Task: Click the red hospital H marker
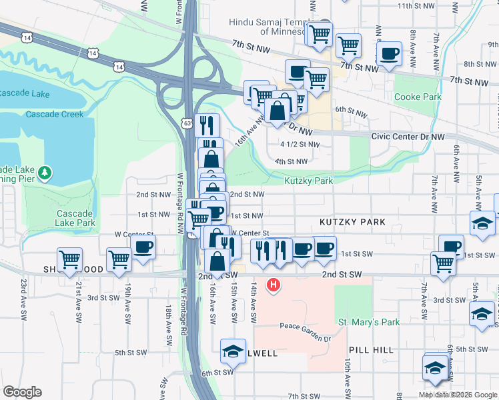click(x=273, y=286)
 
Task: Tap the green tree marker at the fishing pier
click(x=45, y=173)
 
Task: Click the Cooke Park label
click(x=418, y=97)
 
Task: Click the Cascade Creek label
click(x=55, y=114)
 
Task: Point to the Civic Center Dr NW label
click(x=408, y=137)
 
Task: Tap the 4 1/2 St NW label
click(x=300, y=144)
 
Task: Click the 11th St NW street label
click(x=415, y=6)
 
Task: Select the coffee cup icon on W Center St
click(x=143, y=247)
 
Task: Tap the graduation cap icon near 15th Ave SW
click(x=232, y=351)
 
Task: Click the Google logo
click(x=22, y=392)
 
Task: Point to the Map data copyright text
click(x=456, y=395)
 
